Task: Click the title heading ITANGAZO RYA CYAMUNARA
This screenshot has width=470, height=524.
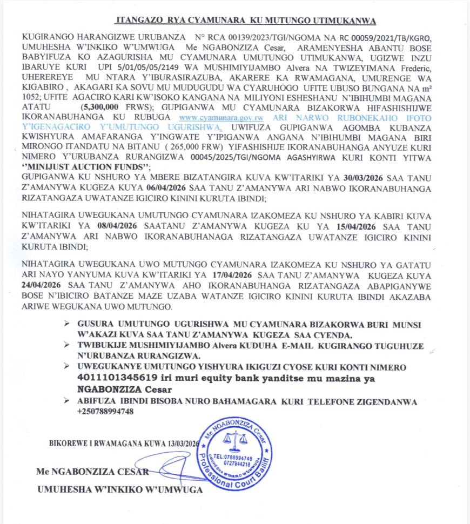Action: point(246,21)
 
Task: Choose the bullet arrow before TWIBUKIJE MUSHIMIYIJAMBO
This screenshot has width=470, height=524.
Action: point(66,344)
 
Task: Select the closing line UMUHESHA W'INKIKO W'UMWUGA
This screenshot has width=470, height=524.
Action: point(119,489)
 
